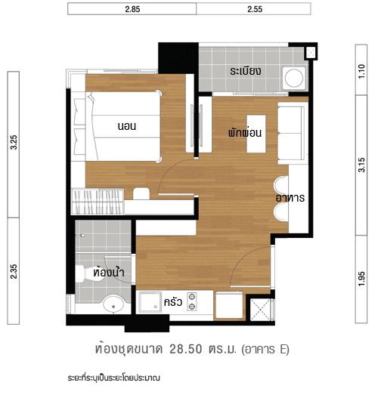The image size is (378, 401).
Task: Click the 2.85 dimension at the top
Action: [132, 9]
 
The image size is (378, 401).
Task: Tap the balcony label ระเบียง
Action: [246, 71]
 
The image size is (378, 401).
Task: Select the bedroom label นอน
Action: [126, 125]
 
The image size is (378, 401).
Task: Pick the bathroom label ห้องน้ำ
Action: [109, 272]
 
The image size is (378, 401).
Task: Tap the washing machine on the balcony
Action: [293, 77]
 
